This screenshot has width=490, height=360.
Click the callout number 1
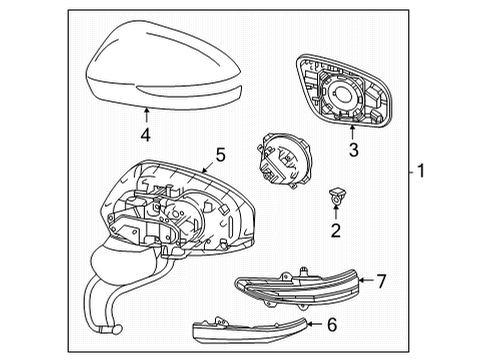coord(421,171)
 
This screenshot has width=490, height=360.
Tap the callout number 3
coord(352,151)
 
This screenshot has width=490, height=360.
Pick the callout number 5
coord(220,156)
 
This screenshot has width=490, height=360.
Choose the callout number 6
coord(333,324)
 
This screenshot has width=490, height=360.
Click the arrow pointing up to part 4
coord(146,113)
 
